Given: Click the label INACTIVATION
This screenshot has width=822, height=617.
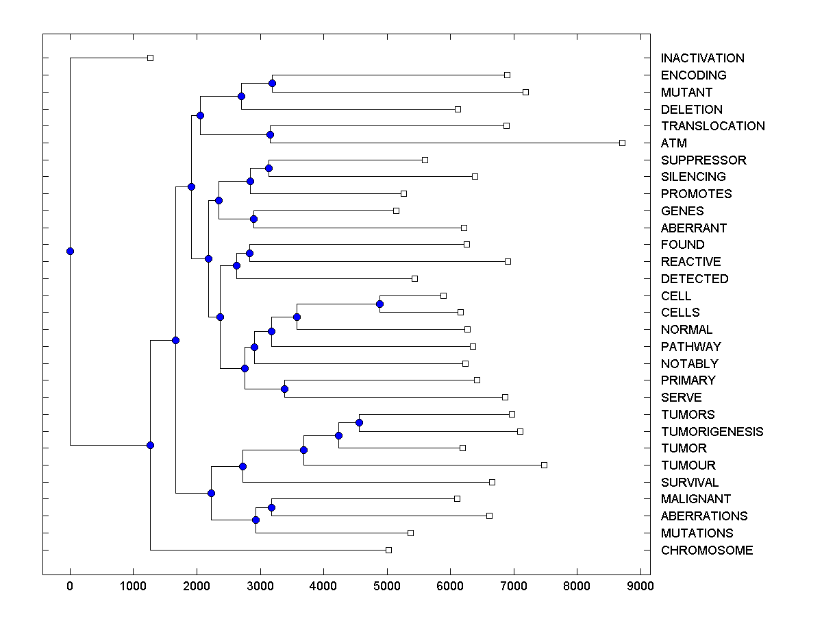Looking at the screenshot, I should coord(702,58).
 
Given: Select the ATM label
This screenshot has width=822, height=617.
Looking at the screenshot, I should coord(673,143).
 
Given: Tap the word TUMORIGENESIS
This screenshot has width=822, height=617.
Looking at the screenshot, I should coord(712,431).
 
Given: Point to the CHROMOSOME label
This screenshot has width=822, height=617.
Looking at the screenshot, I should coord(706,551).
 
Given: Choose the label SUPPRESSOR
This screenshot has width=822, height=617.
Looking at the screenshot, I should coord(703,160).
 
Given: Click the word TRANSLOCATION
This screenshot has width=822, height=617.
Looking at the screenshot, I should coord(712,126).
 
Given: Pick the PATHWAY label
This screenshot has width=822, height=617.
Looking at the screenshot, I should coord(690,347).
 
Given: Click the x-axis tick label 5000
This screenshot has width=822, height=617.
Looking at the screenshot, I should coord(387,585).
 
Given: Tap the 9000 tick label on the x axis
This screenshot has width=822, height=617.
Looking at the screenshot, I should coord(640,585).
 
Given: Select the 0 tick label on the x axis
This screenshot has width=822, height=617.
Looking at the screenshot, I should coord(70,585).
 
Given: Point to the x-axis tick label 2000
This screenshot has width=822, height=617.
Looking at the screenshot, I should coord(197,585).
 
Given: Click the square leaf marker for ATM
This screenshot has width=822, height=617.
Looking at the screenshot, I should coord(622,143).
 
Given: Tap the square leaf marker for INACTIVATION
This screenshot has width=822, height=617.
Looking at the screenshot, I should coord(151,58).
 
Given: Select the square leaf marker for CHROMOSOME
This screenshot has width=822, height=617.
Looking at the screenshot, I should coord(388,550).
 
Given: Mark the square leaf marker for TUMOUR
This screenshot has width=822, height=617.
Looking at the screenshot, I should coord(544,465).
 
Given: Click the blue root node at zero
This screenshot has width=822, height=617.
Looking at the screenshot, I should coord(70,251).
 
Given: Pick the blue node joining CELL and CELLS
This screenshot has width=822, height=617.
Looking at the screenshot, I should coord(380,304).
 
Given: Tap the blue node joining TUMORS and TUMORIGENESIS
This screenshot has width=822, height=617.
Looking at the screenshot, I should coord(359,422).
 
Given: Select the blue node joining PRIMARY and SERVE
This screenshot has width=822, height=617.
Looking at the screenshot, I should coord(285,389).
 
